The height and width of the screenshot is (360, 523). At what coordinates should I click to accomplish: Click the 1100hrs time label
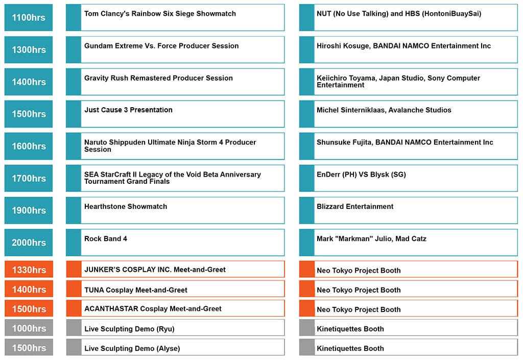(x=29, y=17)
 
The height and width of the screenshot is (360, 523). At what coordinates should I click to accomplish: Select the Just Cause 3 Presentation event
(x=128, y=110)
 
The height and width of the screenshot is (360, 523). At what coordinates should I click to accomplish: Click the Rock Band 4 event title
(x=106, y=238)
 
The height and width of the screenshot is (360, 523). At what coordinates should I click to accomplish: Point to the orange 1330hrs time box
(x=29, y=269)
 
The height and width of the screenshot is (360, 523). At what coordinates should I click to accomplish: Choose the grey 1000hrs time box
(x=29, y=328)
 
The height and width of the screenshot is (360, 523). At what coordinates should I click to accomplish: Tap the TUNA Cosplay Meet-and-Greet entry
(x=136, y=290)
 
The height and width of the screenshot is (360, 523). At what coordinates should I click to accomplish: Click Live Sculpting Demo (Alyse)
(x=132, y=348)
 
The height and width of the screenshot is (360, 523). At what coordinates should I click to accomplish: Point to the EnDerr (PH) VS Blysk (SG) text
(x=361, y=175)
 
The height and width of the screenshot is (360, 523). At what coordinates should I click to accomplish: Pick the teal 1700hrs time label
(x=29, y=178)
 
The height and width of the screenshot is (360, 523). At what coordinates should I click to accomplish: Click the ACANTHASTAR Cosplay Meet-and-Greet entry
(x=153, y=308)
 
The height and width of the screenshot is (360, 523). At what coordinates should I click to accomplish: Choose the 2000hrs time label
(x=29, y=243)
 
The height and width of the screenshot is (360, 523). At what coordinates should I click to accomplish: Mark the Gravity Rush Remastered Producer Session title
(x=158, y=78)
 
